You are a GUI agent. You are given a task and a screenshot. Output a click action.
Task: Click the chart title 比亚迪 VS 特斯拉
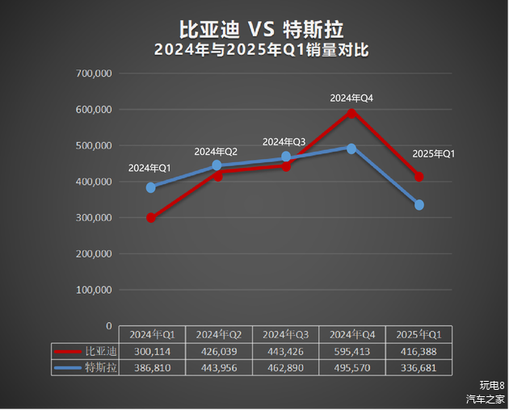click(x=261, y=30)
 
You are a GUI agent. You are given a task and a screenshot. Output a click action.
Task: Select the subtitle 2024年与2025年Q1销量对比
click(x=261, y=50)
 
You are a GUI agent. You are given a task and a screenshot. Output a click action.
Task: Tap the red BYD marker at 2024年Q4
click(x=351, y=112)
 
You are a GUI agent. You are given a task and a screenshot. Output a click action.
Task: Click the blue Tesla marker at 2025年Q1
click(x=419, y=205)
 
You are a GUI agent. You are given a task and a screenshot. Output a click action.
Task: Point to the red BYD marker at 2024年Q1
click(x=151, y=218)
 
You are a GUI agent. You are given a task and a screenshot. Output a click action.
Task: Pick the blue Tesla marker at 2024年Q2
click(x=217, y=165)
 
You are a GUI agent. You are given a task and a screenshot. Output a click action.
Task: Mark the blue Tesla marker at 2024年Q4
click(x=351, y=149)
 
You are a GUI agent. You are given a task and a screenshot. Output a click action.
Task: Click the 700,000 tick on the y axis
click(x=92, y=73)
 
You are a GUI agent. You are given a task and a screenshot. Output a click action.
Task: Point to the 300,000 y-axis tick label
click(x=92, y=218)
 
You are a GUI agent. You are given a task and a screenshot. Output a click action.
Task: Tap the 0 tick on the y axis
click(x=108, y=325)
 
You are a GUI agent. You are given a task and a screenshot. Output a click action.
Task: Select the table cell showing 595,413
click(x=352, y=351)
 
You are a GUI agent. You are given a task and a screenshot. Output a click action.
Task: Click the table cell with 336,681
click(x=419, y=368)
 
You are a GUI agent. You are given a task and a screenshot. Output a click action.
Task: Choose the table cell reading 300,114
click(x=152, y=351)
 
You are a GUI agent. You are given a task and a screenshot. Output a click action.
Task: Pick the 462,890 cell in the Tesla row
click(x=285, y=368)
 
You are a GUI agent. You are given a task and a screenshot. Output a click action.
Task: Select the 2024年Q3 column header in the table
click(x=285, y=334)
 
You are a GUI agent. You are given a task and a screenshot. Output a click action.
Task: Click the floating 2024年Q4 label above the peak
click(x=351, y=98)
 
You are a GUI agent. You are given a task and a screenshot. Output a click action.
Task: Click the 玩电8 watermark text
click(x=491, y=385)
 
